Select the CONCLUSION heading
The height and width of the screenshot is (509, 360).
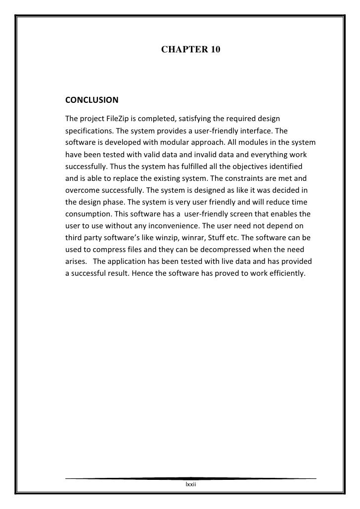click(91, 100)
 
